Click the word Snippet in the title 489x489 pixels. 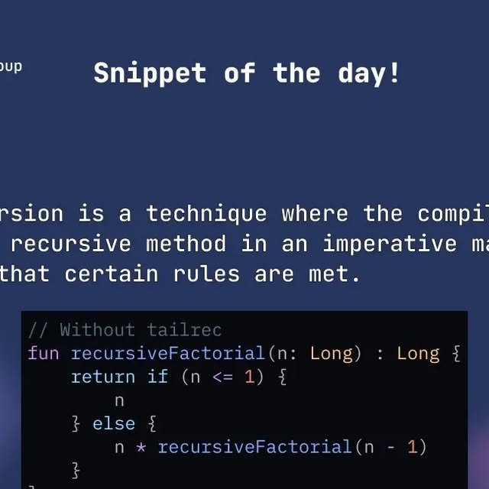coord(150,73)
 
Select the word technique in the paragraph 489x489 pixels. coord(206,213)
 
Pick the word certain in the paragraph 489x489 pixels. coord(112,274)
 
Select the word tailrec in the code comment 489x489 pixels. coord(184,330)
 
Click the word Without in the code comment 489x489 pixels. coord(97,330)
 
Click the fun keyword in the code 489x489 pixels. coord(44,353)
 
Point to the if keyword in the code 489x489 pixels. coord(157,377)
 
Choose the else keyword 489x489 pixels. coord(114,423)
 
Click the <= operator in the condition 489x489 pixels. coord(222,377)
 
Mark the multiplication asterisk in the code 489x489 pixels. coord(141,447)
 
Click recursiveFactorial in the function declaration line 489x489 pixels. coord(167,353)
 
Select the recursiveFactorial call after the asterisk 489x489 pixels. coord(254,447)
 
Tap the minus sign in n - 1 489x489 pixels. coord(390,447)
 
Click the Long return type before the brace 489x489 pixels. coord(418,353)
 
